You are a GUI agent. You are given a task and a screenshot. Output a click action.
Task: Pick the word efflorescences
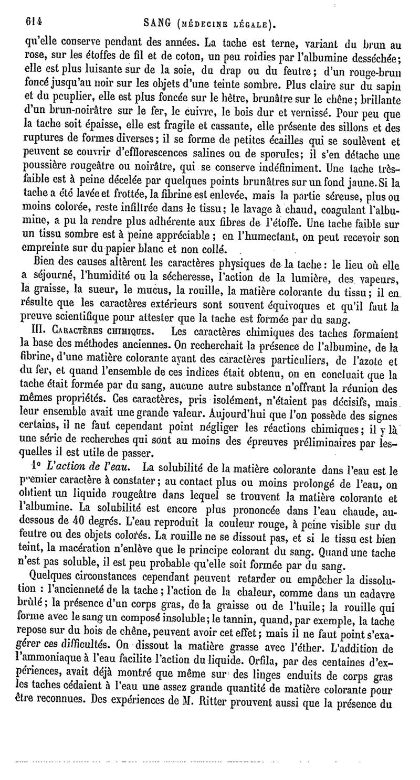(181, 155)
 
